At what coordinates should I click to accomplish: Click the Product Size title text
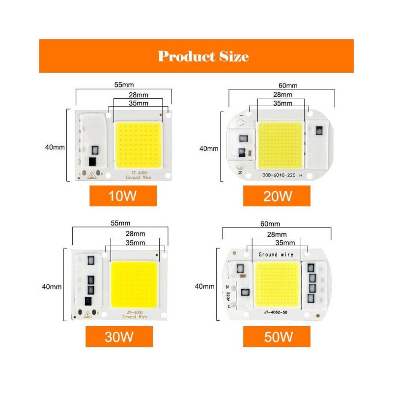coord(203,56)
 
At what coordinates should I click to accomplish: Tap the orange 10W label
coord(123,196)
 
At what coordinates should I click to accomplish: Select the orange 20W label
coord(277,196)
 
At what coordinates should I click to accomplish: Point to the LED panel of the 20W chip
coord(280,145)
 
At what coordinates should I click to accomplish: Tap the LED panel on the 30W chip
coord(134,284)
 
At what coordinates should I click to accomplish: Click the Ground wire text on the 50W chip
coord(276,254)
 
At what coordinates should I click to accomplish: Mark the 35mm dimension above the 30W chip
coord(135,242)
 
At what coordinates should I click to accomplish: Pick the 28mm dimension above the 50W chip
coord(276,235)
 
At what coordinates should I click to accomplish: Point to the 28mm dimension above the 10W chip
coord(138,94)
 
